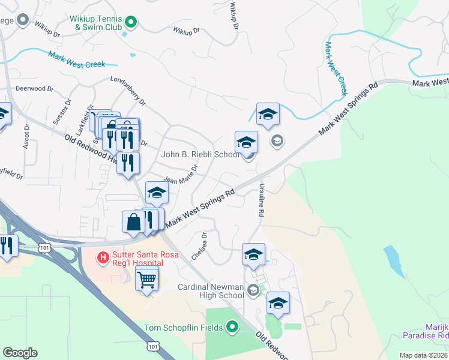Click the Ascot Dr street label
[x=26, y=139]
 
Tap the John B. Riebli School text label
[x=200, y=155]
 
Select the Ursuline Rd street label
[x=262, y=200]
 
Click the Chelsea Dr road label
[x=199, y=246]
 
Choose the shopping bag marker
[x=133, y=221]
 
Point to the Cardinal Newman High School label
[x=211, y=291]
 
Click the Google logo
[x=20, y=353]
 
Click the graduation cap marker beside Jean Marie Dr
[x=157, y=193]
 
